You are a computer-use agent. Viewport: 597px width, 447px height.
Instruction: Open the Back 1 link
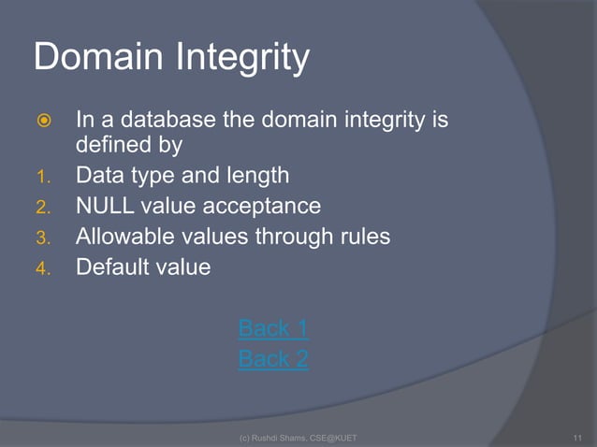pyautogui.click(x=273, y=328)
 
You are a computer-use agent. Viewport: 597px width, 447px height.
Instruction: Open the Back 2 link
pyautogui.click(x=273, y=359)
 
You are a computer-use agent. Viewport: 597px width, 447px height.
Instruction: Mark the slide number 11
pyautogui.click(x=576, y=438)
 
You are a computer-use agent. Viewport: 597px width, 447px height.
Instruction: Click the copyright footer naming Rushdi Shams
pyautogui.click(x=298, y=438)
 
